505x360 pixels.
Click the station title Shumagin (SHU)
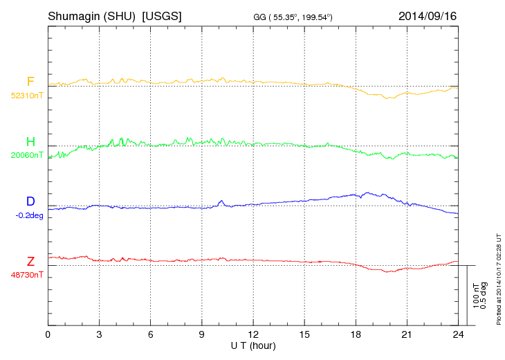tap(91, 16)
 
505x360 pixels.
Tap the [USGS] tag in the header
tap(162, 16)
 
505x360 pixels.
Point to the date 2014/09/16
tap(428, 16)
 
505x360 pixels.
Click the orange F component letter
tap(30, 82)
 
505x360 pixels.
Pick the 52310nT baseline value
tap(26, 95)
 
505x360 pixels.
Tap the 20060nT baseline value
tap(26, 155)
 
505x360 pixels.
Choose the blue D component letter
tap(30, 201)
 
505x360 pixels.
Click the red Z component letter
tap(30, 262)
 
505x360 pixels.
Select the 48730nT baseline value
tap(26, 275)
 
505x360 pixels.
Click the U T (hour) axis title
tap(253, 345)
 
